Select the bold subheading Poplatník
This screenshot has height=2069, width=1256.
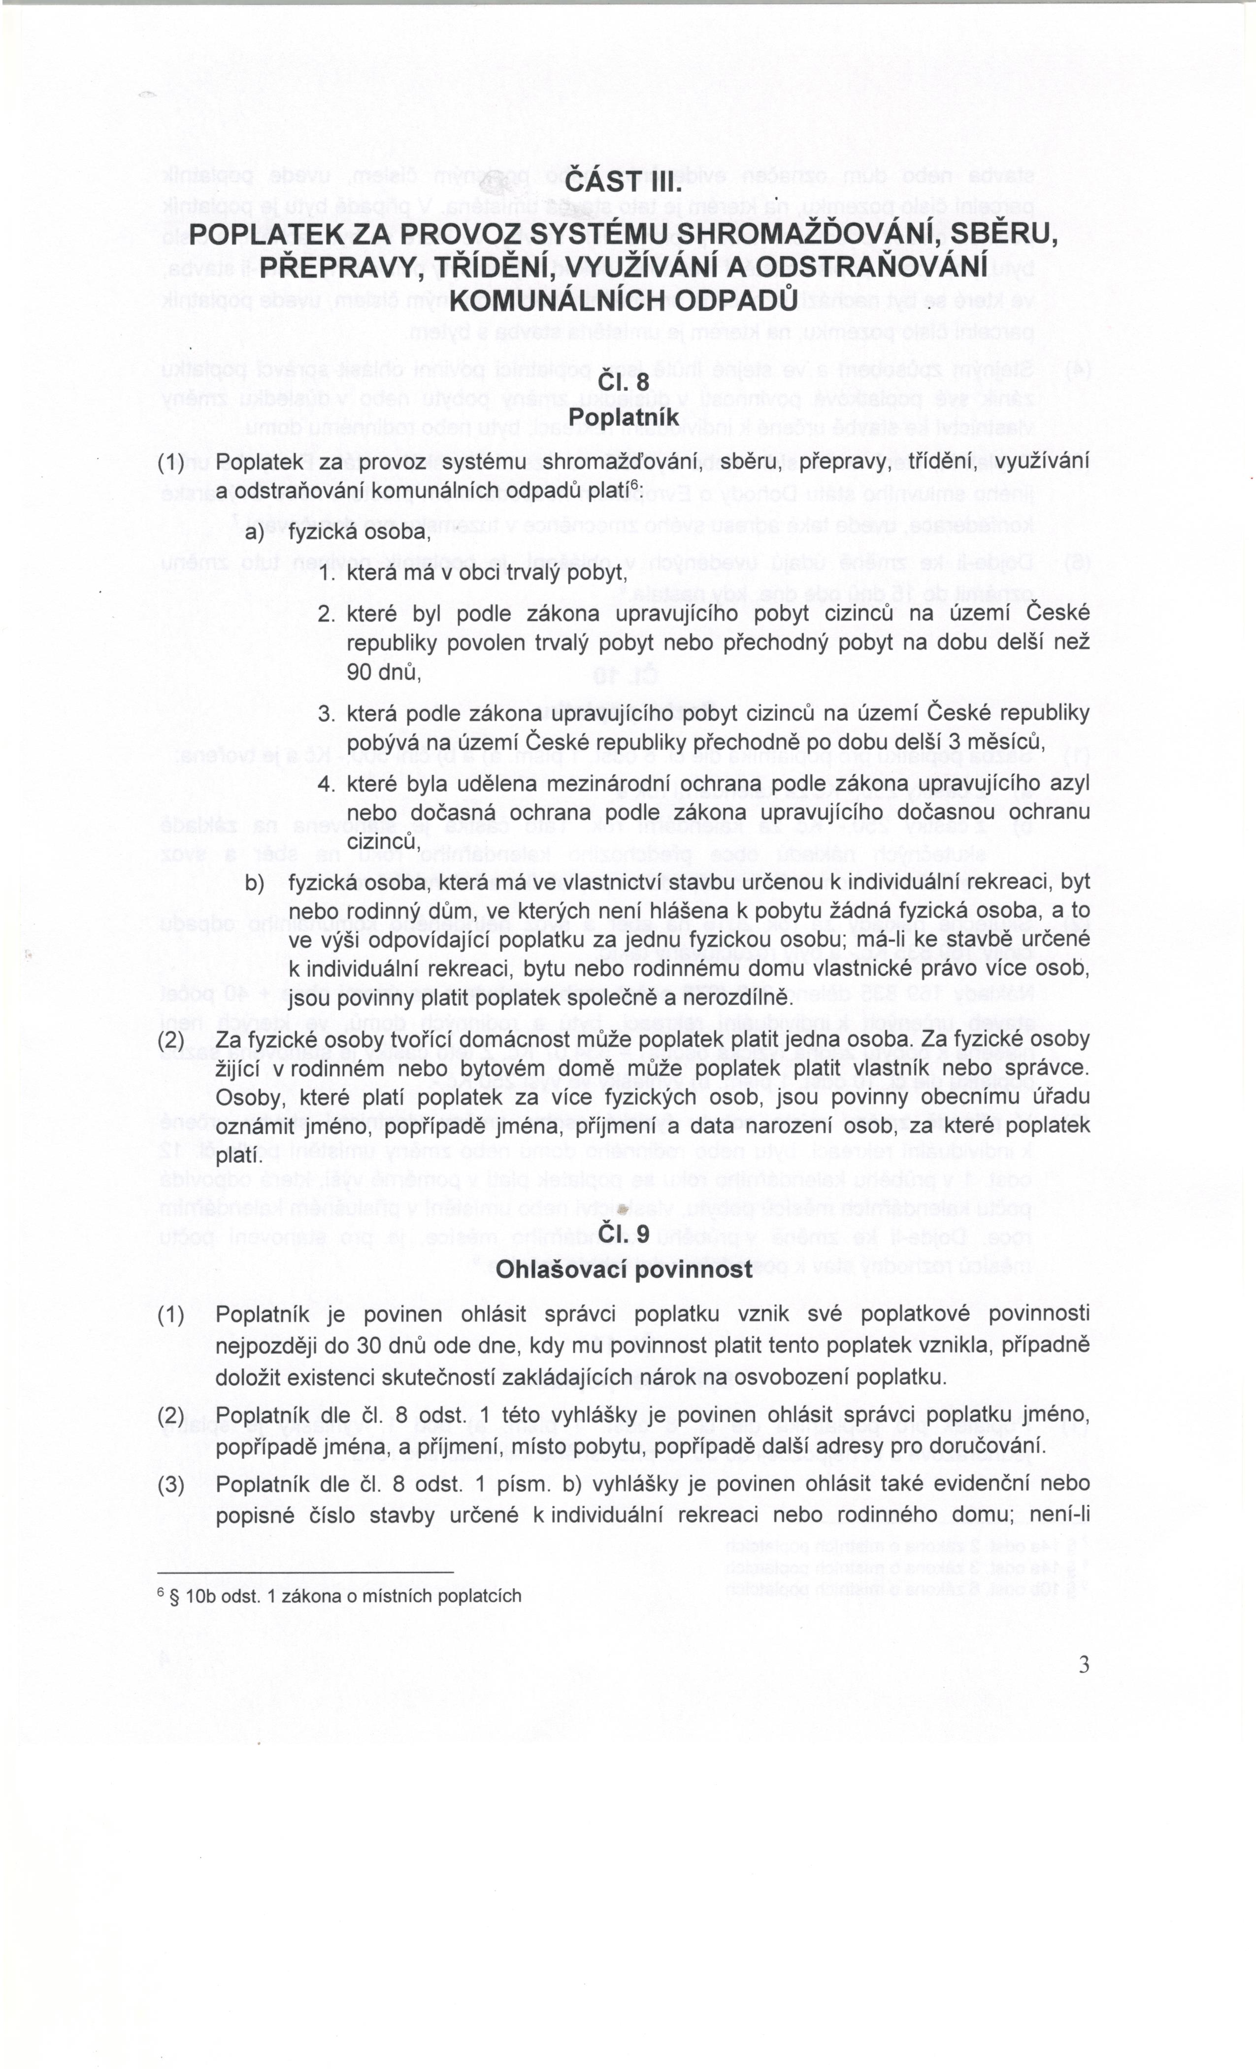(x=623, y=416)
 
